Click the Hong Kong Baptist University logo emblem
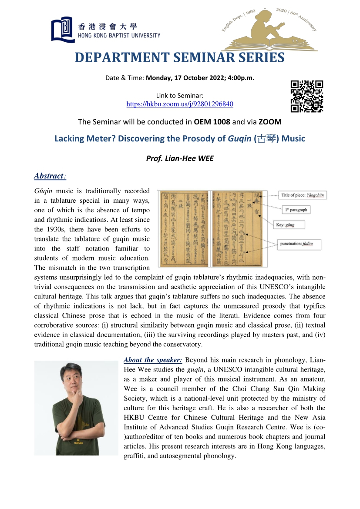point(62,29)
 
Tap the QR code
point(307,96)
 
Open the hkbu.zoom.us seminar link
point(180,104)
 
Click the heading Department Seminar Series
point(180,57)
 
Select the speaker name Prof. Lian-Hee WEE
point(180,158)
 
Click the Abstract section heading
point(49,176)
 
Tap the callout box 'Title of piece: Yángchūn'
point(303,195)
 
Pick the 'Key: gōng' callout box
point(289,225)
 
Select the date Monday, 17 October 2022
point(188,78)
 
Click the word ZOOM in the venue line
point(270,121)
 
